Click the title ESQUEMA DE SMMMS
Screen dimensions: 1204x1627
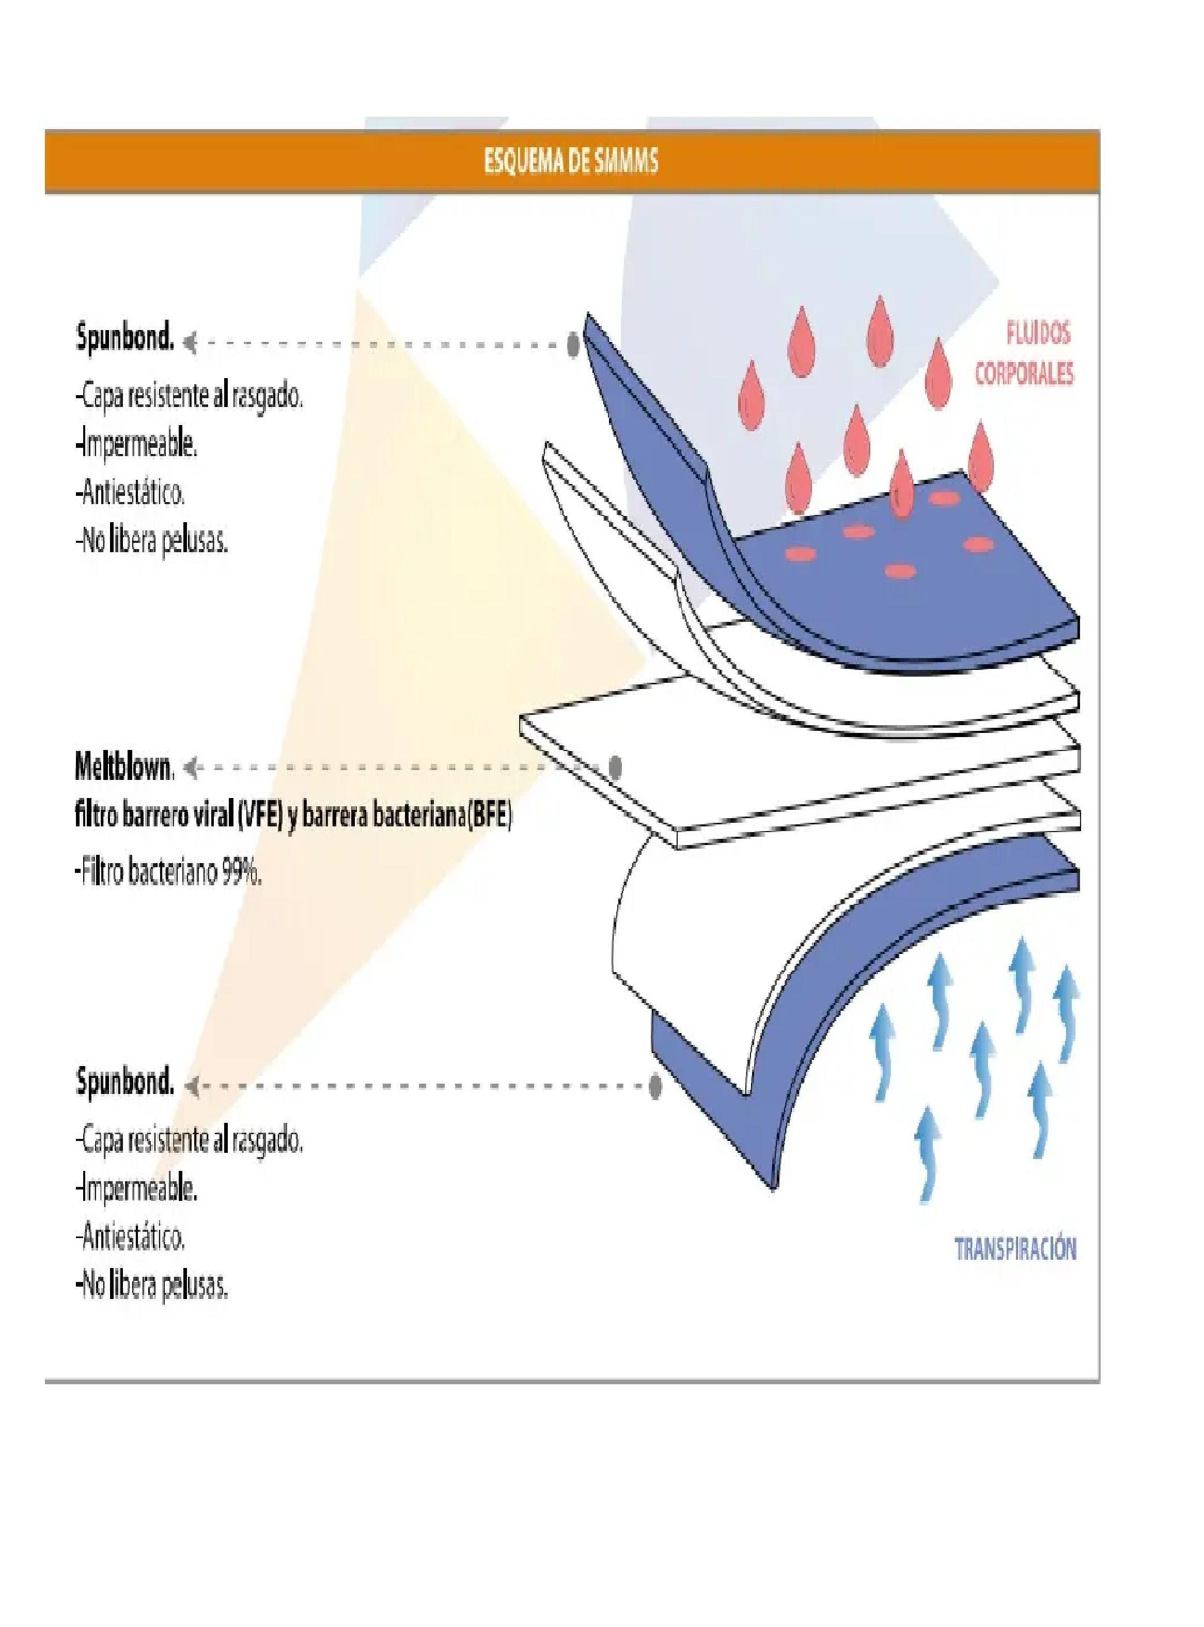tap(571, 162)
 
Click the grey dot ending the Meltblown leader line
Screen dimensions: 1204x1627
tap(615, 766)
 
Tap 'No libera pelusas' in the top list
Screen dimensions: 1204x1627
tap(151, 543)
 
